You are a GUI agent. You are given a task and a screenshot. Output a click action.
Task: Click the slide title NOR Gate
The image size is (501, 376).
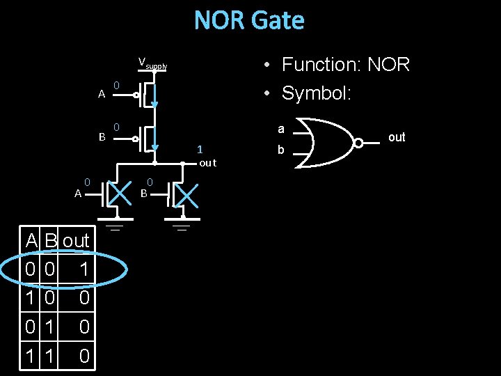(249, 20)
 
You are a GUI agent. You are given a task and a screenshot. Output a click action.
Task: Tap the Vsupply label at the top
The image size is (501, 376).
(152, 64)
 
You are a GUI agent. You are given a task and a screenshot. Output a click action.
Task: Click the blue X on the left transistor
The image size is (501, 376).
(120, 195)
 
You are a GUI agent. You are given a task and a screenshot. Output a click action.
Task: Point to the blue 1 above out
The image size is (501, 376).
(200, 149)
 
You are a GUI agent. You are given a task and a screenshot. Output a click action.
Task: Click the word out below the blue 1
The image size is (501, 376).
(207, 163)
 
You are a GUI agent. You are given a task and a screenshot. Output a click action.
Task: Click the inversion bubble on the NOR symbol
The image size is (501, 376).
(358, 143)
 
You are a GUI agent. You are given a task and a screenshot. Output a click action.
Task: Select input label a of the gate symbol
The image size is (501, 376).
(281, 130)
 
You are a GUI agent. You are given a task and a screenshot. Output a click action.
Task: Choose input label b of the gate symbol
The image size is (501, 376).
(281, 149)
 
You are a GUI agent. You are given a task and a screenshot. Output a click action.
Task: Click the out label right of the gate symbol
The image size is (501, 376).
(397, 137)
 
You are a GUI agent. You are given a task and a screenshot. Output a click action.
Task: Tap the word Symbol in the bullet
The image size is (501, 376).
(316, 93)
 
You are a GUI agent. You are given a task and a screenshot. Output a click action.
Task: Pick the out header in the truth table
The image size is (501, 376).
(76, 241)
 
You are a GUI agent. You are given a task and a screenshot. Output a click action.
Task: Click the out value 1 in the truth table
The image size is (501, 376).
(83, 269)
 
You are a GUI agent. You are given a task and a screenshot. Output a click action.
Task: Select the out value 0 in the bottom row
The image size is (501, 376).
(83, 357)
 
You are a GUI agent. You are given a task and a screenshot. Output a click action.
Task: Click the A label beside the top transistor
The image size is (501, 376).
(102, 94)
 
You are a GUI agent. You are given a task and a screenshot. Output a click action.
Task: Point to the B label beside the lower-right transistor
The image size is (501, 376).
(144, 193)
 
